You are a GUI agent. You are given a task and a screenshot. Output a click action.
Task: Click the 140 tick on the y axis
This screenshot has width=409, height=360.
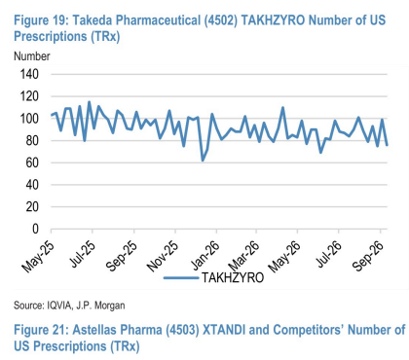pos(29,74)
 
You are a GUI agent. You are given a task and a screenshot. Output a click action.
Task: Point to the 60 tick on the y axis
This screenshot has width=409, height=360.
pos(32,162)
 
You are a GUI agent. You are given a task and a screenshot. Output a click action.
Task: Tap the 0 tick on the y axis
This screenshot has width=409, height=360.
pos(35,229)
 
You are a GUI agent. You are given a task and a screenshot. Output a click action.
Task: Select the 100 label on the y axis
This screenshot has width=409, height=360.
pos(29,119)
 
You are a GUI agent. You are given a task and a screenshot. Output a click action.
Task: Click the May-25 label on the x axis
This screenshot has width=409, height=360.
pos(38,257)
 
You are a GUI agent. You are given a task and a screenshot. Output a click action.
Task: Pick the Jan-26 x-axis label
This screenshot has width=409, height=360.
pos(205,256)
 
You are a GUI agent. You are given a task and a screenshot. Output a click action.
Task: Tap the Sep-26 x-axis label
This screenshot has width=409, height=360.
pos(368,256)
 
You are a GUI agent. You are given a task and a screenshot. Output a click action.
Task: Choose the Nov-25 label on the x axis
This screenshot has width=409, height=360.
pos(163,256)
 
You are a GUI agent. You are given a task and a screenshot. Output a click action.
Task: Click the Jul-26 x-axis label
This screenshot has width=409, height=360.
pos(329,255)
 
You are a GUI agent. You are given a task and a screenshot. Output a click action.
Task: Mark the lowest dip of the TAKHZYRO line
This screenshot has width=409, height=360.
pos(203,161)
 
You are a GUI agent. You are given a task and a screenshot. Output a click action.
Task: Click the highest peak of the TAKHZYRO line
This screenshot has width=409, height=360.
pos(90,102)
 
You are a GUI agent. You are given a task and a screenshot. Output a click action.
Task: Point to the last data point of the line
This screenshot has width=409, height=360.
pos(387,145)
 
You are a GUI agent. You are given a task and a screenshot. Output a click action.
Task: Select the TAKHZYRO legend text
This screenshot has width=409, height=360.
pos(233,277)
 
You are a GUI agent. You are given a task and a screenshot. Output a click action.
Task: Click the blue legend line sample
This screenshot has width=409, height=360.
pos(181,278)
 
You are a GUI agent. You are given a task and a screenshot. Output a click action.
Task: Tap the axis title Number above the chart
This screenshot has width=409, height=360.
pos(32,56)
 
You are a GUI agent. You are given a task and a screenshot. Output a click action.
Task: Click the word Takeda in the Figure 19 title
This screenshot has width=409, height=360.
pos(93,20)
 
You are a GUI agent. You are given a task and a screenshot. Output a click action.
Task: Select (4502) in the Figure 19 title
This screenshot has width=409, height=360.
pos(221,20)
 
